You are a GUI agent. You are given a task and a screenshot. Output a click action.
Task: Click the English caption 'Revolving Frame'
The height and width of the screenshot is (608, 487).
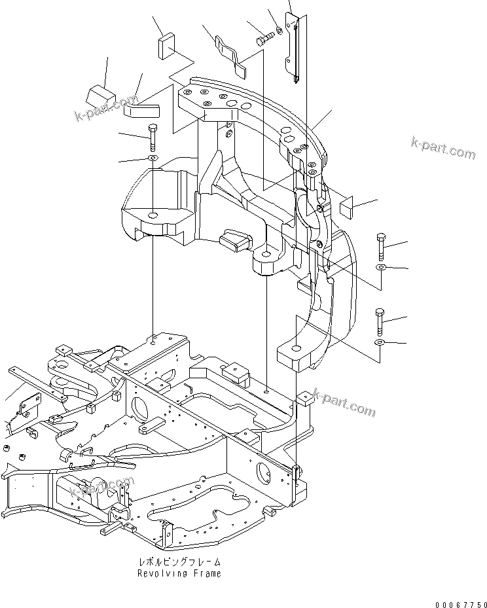[179, 574]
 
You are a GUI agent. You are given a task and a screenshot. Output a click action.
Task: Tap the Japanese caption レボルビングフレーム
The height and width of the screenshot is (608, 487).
[179, 562]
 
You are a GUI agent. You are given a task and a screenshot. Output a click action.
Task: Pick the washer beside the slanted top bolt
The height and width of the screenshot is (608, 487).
[279, 29]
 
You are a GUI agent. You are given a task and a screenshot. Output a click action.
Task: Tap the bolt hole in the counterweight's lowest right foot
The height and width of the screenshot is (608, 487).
[296, 348]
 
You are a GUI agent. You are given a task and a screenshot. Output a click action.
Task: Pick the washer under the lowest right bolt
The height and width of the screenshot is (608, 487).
[380, 342]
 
